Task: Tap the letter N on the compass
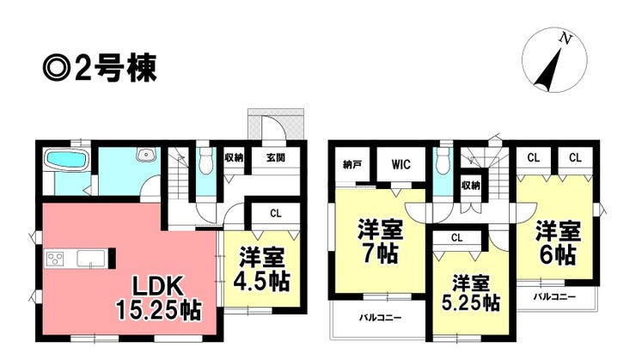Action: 564,39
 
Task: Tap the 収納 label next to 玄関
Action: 234,157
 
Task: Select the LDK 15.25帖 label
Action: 161,296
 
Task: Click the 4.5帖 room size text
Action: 265,280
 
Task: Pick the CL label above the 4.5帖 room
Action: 274,212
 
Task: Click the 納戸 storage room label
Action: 351,163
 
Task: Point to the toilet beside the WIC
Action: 442,161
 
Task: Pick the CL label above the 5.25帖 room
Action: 456,237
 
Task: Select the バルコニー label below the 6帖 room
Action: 553,296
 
